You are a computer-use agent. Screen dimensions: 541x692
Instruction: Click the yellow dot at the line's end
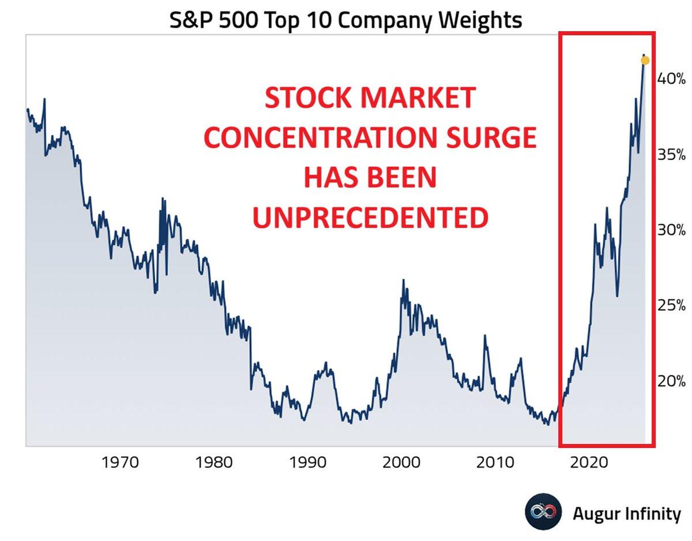tap(645, 61)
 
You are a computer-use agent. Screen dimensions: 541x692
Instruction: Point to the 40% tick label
tap(671, 79)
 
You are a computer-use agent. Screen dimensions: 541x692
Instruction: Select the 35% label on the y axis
tap(671, 155)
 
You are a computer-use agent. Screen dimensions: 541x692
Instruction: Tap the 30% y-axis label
tap(671, 230)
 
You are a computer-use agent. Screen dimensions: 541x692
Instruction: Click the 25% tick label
tap(671, 305)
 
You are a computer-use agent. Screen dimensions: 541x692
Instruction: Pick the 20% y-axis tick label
tap(671, 381)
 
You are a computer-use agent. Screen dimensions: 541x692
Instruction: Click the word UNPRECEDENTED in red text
tap(370, 218)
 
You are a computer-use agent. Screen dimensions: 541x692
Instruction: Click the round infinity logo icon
tap(543, 512)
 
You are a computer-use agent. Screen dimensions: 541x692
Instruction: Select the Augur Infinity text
tap(626, 513)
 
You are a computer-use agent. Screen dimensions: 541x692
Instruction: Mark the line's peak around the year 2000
tap(403, 280)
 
